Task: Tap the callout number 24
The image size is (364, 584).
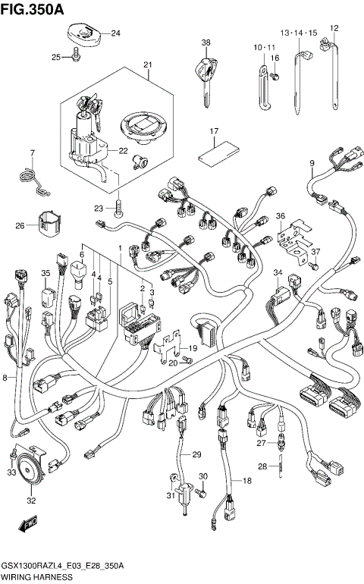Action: pos(115,33)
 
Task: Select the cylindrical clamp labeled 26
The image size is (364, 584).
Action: pos(51,224)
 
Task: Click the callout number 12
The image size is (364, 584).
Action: pos(333,28)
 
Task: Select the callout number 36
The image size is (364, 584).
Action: pos(280,216)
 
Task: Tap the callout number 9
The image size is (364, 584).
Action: pos(311,163)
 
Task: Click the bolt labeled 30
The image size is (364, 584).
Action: pos(199,494)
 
